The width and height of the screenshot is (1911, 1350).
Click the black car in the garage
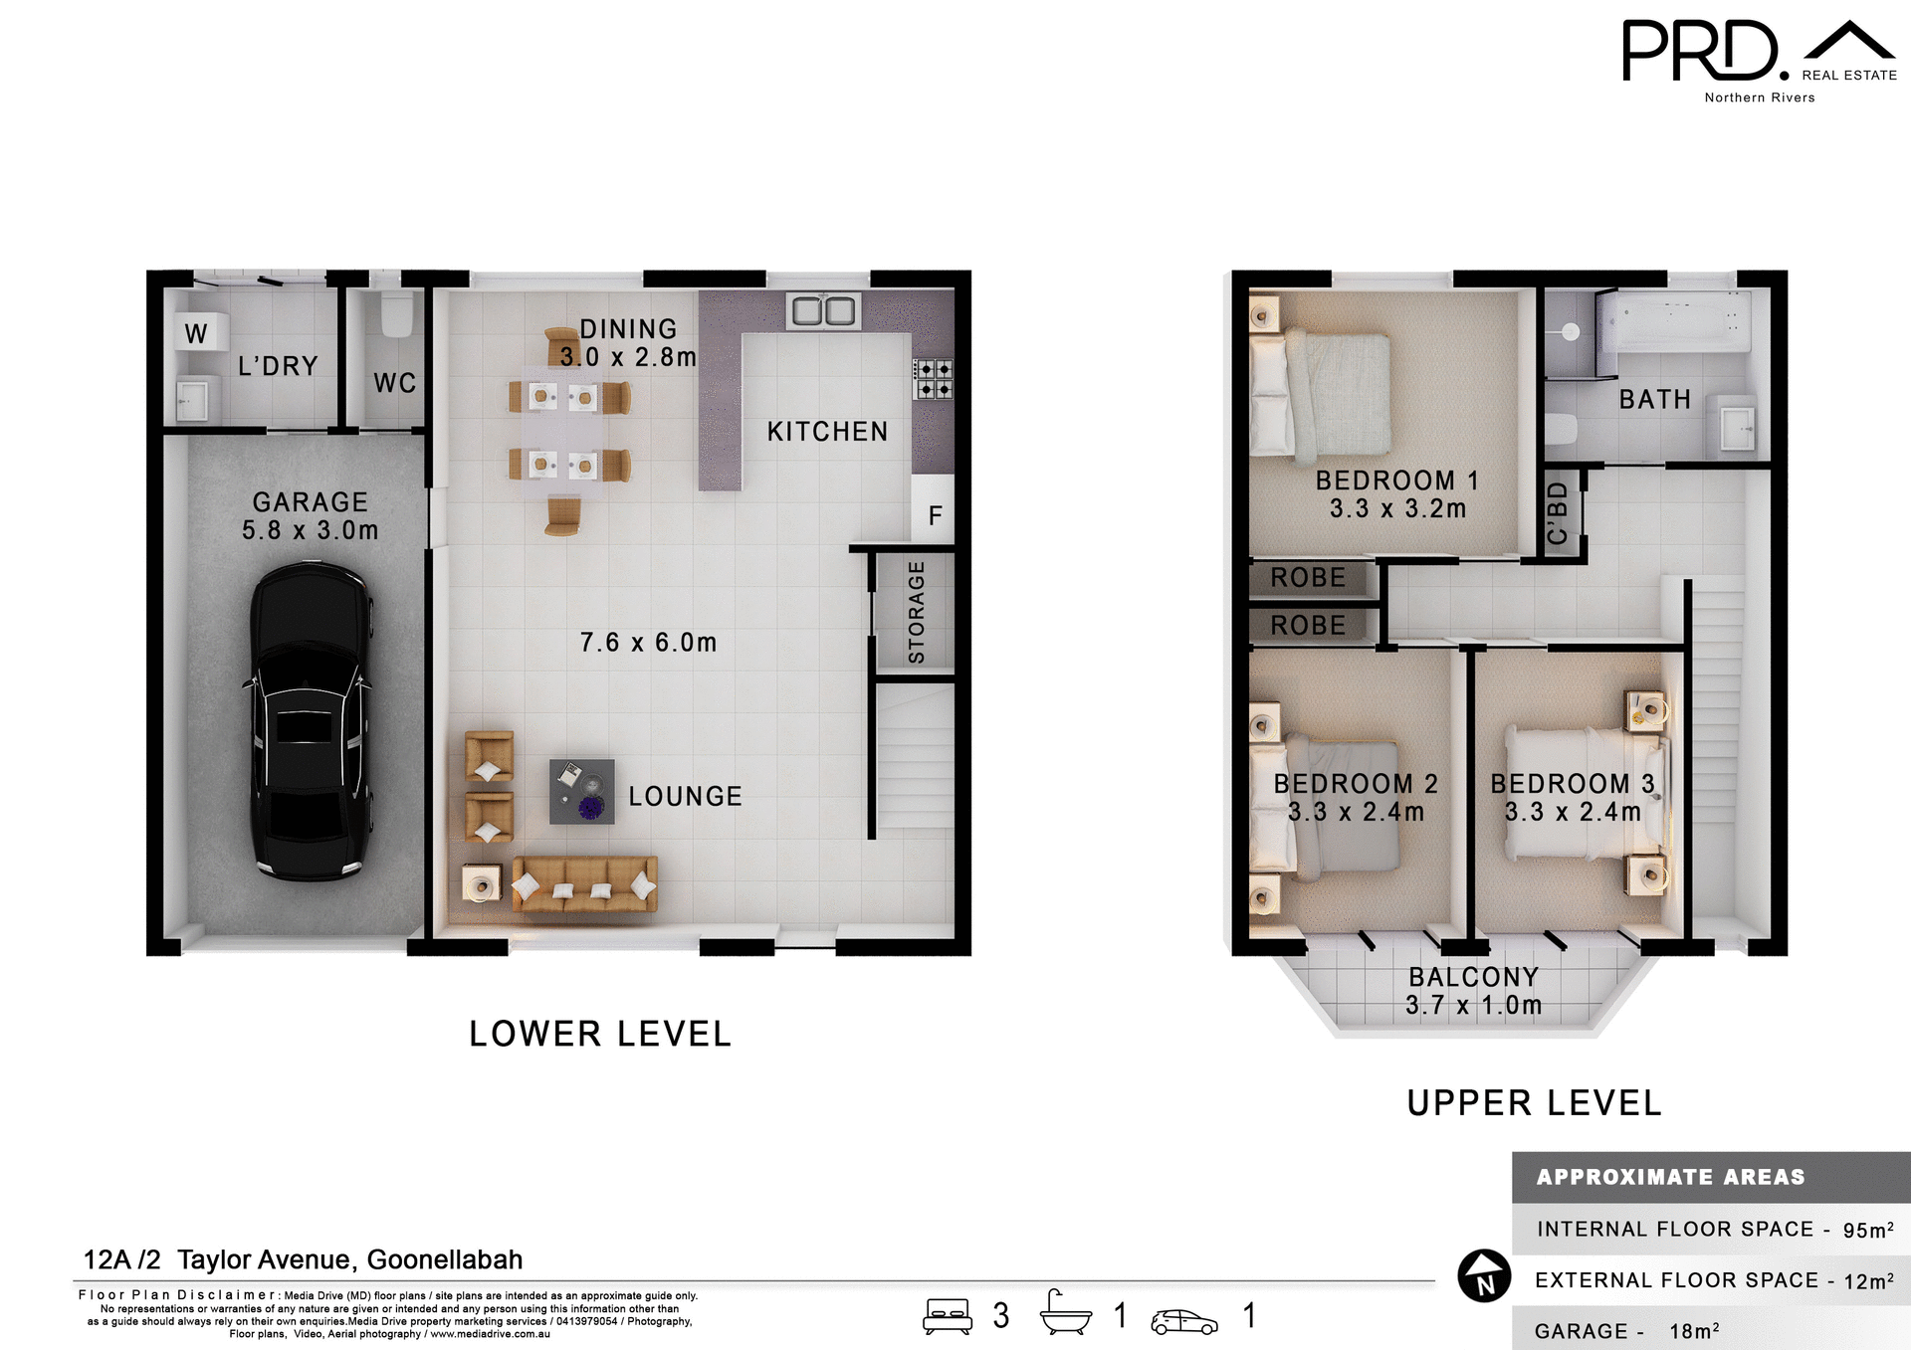pos(311,721)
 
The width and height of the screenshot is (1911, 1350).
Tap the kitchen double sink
pos(822,310)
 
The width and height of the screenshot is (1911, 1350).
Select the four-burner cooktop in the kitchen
pos(933,378)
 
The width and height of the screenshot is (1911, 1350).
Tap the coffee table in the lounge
pos(581,792)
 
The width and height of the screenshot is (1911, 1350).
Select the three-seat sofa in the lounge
pos(584,883)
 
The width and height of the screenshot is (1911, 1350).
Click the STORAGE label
pos(916,612)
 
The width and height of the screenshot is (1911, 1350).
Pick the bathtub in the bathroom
pos(1674,320)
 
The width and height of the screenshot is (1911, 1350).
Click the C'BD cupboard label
pos(1559,513)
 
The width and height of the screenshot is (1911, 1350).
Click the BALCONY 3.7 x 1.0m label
pos(1473,991)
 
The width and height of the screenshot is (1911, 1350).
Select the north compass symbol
pos(1484,1276)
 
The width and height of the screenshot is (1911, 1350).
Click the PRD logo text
pos(1700,52)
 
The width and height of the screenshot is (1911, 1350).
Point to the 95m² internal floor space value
pos(1867,1230)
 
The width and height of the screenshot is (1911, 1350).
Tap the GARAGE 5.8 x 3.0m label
pos(310,515)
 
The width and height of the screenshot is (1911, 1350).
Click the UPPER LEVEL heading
pos(1534,1102)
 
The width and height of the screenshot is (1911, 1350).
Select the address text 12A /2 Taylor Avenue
pos(303,1259)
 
